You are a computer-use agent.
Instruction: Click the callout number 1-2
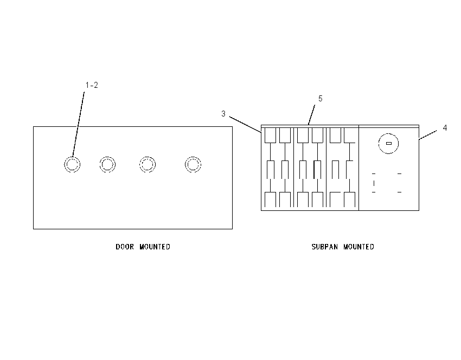coord(92,85)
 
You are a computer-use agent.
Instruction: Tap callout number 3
coord(223,114)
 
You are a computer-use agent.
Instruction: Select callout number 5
coord(321,99)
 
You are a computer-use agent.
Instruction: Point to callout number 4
coord(445,128)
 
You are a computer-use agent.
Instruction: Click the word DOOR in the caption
coord(125,247)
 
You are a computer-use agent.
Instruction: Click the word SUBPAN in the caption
coord(324,247)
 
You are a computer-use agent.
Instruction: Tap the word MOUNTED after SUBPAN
coord(358,247)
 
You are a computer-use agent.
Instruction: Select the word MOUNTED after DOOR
coord(155,247)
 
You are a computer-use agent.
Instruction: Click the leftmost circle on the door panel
coord(72,157)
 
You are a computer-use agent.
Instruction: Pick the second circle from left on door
coord(107,157)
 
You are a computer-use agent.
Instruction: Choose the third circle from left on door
coord(148,157)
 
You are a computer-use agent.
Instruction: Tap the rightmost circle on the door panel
coord(193,157)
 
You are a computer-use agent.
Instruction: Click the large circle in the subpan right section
coord(389,134)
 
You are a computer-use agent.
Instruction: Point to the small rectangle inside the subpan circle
coord(389,144)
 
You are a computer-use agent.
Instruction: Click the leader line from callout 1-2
coord(79,124)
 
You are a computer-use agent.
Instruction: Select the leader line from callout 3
coord(245,125)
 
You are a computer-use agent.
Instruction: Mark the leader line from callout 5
coord(311,115)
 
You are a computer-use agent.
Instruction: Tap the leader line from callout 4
coord(428,135)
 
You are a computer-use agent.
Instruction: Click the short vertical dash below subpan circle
coord(374,183)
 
